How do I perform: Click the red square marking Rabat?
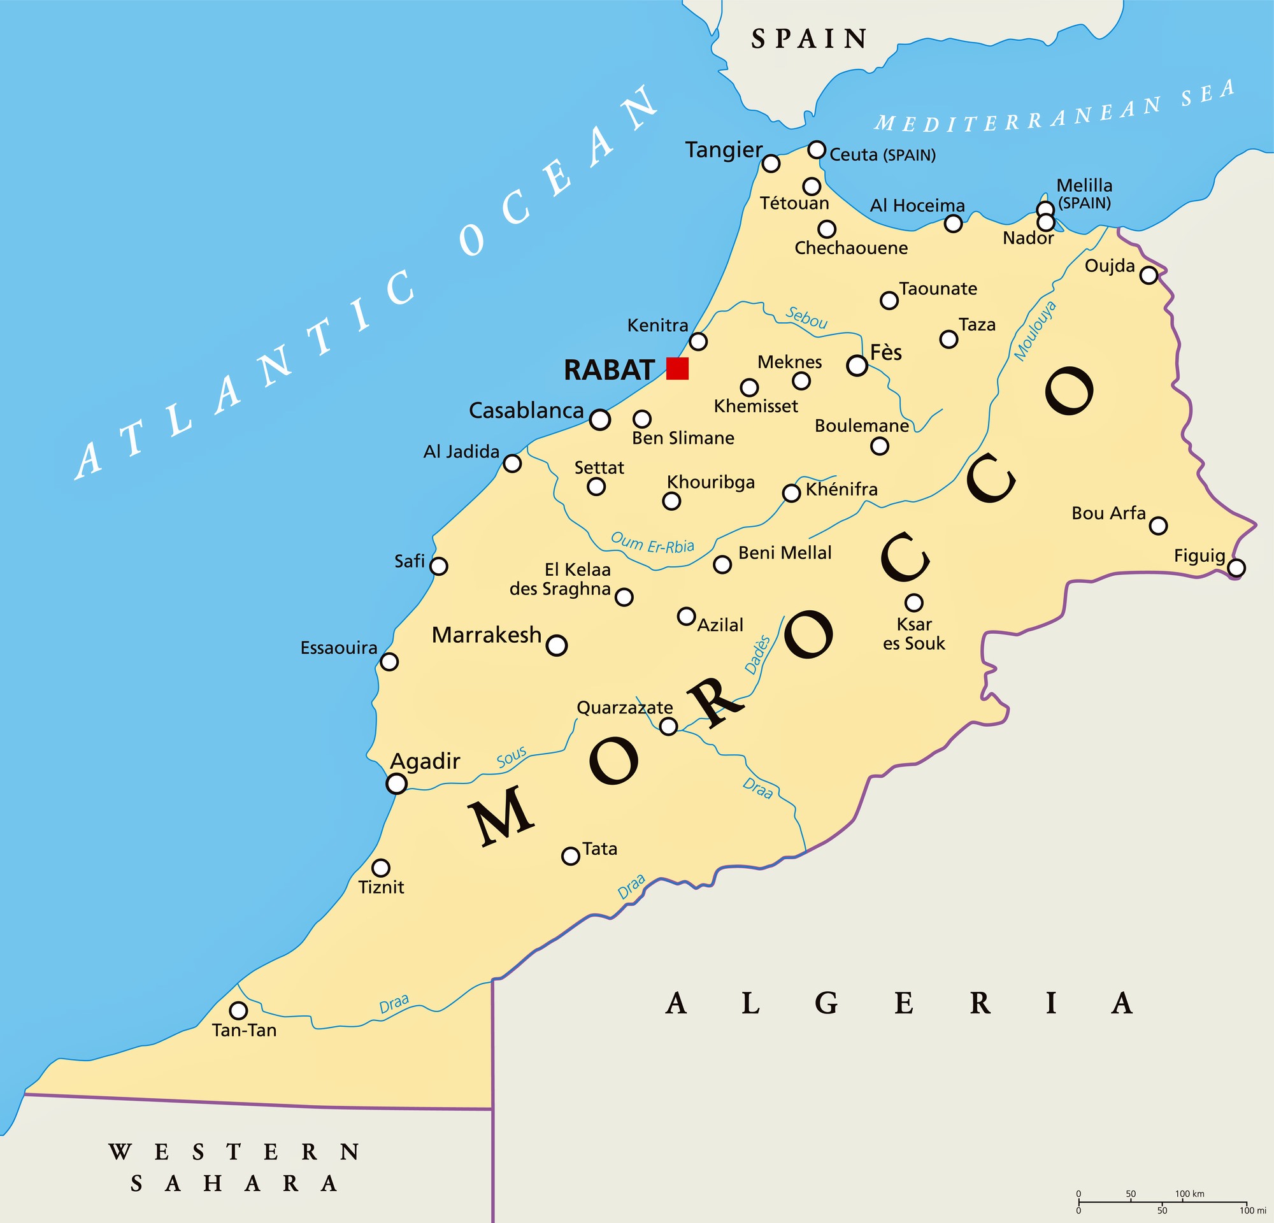(x=677, y=368)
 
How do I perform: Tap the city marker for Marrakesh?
(x=556, y=645)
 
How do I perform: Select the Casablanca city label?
(x=527, y=411)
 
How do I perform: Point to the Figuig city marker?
(x=1236, y=568)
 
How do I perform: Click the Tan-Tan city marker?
(x=238, y=1010)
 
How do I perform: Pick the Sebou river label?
(x=806, y=318)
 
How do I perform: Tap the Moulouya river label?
(x=1036, y=331)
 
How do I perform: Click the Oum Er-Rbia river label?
(x=652, y=543)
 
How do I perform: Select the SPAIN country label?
(x=809, y=39)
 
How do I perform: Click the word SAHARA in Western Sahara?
(x=234, y=1184)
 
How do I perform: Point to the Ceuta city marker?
(x=817, y=150)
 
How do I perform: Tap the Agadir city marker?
(x=396, y=783)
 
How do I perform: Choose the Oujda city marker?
(x=1149, y=275)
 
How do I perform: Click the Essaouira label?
(x=339, y=648)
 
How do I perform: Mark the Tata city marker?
(x=571, y=856)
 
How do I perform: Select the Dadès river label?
(x=758, y=655)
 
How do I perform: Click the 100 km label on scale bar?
(x=1189, y=1194)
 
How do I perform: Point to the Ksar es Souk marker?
(x=915, y=603)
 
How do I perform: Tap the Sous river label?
(x=512, y=758)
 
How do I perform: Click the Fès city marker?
(x=857, y=366)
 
